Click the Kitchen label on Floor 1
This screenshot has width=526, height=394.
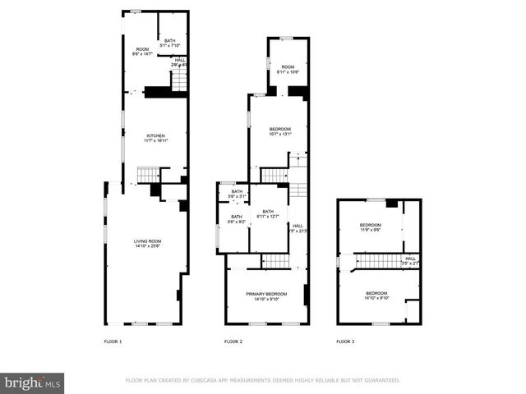point(155,138)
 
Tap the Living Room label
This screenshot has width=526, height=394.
point(147,243)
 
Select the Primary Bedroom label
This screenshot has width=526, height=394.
point(266,295)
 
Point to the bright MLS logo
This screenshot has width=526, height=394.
point(32,383)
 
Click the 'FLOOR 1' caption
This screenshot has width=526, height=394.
point(113,341)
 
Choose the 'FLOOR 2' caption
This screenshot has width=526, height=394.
point(233,341)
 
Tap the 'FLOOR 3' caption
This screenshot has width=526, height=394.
point(345,341)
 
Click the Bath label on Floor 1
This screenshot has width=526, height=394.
point(169,43)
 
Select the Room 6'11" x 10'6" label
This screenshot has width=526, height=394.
point(287,69)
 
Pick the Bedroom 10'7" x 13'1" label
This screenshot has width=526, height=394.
point(280,131)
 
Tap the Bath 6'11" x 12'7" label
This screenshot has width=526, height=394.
point(267,213)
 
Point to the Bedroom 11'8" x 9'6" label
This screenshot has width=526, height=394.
point(371,227)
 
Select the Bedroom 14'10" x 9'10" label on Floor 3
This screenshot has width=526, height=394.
point(376,295)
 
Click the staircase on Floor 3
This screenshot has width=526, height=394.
point(377,261)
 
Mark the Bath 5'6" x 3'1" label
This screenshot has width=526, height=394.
point(238,194)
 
